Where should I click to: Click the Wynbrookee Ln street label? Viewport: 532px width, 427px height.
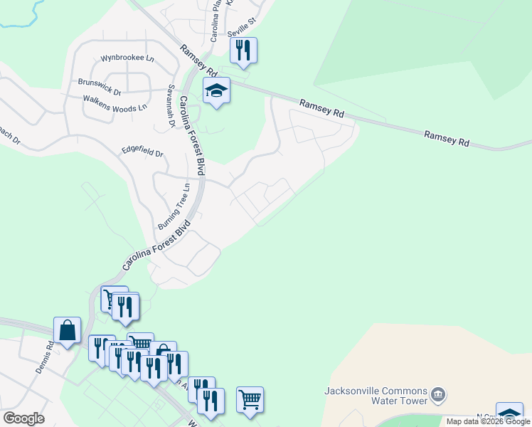click(x=127, y=58)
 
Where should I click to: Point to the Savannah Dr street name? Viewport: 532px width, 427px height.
click(x=171, y=107)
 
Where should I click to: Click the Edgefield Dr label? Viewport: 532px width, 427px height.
click(x=142, y=152)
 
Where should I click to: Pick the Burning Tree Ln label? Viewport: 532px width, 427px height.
click(x=174, y=206)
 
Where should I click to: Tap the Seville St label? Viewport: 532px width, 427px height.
click(x=241, y=29)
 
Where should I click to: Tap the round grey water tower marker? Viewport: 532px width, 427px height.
click(x=439, y=393)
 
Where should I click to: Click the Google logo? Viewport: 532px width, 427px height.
click(x=23, y=418)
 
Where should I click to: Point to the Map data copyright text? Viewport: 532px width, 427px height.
click(x=488, y=421)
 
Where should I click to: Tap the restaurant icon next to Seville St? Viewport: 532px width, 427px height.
click(x=243, y=51)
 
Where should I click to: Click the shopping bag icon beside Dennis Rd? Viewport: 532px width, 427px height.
click(x=68, y=331)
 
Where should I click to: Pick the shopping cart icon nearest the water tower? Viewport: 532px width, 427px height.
click(x=250, y=400)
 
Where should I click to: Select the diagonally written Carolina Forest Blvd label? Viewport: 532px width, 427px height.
click(x=157, y=246)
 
